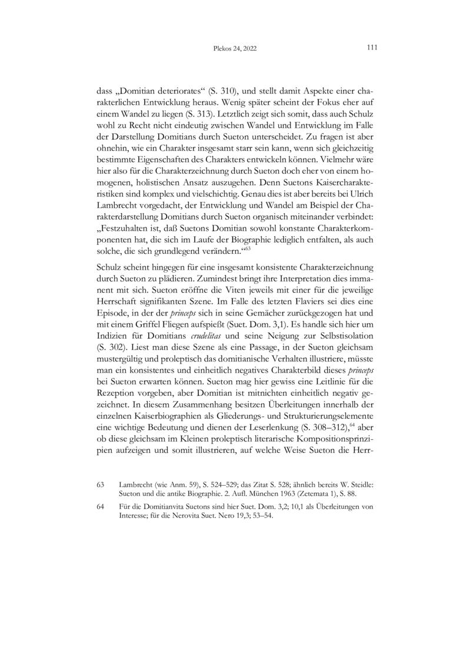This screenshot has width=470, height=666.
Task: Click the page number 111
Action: (x=371, y=48)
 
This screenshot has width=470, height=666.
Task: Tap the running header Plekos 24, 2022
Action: (x=235, y=50)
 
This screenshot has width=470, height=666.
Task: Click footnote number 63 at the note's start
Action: (x=101, y=484)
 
